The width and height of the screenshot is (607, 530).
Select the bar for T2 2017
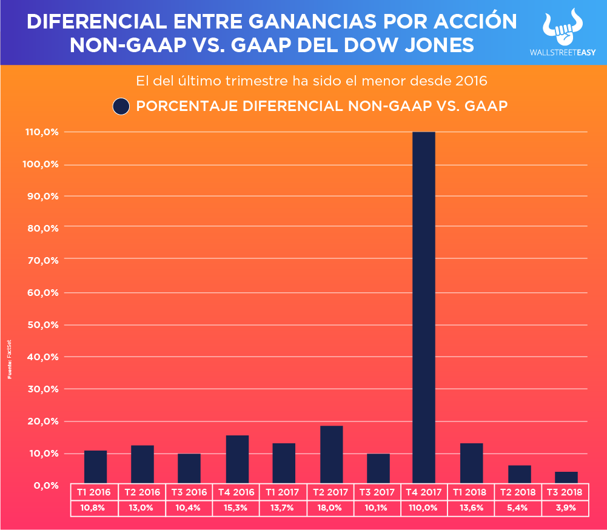[331, 455]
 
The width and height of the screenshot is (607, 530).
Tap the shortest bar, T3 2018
[566, 478]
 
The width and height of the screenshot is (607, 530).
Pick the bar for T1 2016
[95, 468]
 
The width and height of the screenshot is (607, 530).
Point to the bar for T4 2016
[237, 460]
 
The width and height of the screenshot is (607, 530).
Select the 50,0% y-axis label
[43, 324]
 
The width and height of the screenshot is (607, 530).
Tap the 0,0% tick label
[45, 485]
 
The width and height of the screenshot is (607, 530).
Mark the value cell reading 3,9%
[566, 508]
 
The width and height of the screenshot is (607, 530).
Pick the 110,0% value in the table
[424, 508]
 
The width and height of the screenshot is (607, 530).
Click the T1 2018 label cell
[471, 492]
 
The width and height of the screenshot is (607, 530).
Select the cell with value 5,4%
[519, 508]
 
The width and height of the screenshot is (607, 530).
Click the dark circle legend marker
[121, 106]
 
